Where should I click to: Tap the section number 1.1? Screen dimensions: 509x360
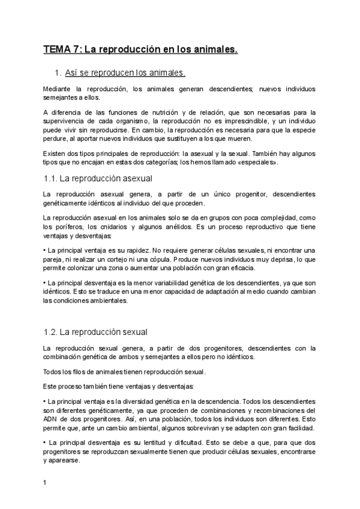pyautogui.click(x=52, y=179)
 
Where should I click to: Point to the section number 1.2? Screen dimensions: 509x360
pyautogui.click(x=52, y=332)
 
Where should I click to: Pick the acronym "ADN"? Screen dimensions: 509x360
pyautogui.click(x=51, y=411)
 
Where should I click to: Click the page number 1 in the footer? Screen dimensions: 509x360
pyautogui.click(x=45, y=482)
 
